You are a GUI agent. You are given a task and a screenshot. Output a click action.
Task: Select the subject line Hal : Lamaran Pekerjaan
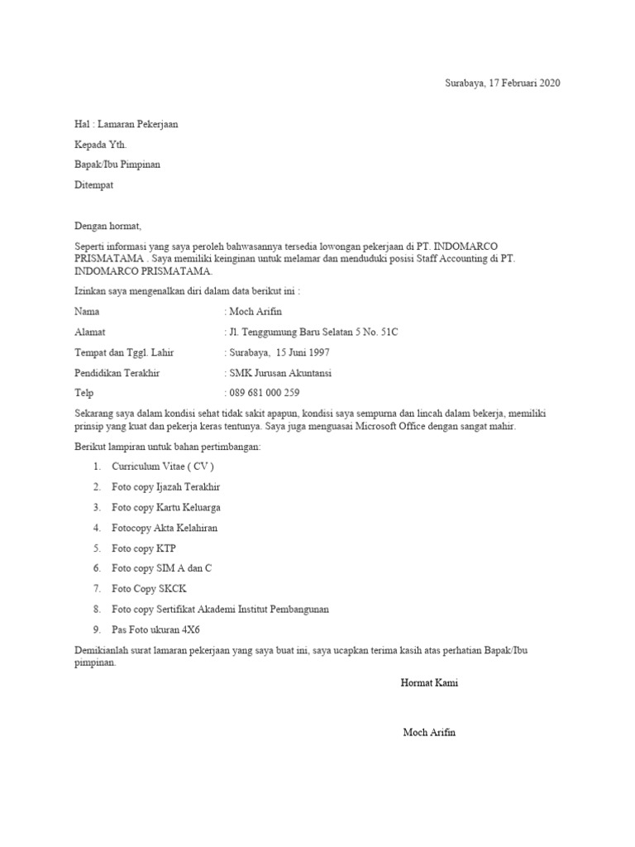[x=126, y=124]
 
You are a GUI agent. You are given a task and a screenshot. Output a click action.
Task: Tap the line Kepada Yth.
[x=101, y=144]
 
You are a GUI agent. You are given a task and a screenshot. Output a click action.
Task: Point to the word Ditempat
[x=93, y=184]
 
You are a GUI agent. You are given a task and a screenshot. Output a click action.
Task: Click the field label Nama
[x=87, y=312]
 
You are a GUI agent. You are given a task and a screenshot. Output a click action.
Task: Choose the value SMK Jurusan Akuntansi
[x=280, y=373]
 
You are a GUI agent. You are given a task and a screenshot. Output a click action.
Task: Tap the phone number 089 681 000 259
[x=264, y=393]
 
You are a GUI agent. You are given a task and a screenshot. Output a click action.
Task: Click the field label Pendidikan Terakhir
[x=117, y=373]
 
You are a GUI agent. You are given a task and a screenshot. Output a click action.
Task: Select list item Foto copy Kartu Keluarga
[x=166, y=507]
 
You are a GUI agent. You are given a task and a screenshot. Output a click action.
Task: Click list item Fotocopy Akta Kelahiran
[x=165, y=528]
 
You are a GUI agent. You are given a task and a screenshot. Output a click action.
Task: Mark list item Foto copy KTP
[x=144, y=548]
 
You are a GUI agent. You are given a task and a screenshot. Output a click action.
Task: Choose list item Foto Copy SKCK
[x=149, y=588]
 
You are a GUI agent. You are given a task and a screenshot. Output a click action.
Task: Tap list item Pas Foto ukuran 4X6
[x=156, y=629]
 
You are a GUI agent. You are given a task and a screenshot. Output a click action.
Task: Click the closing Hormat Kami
[x=429, y=683]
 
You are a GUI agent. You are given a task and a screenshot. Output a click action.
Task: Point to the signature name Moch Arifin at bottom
[x=429, y=733]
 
